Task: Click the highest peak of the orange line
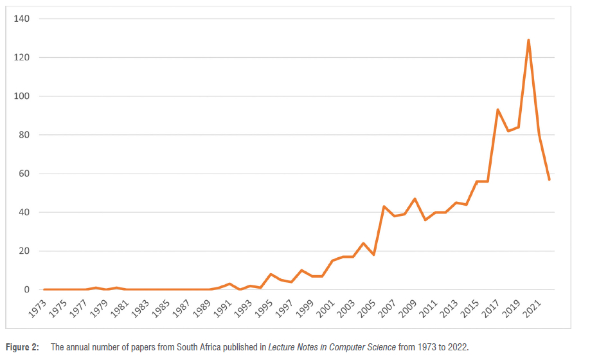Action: pyautogui.click(x=528, y=40)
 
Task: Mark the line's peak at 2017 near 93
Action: pyautogui.click(x=498, y=109)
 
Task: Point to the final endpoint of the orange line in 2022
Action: pyautogui.click(x=550, y=179)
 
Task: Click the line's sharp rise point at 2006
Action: pyautogui.click(x=384, y=206)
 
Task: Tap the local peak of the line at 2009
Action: pyautogui.click(x=415, y=199)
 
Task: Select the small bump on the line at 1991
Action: pyautogui.click(x=229, y=283)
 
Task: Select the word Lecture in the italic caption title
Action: pyautogui.click(x=283, y=348)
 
